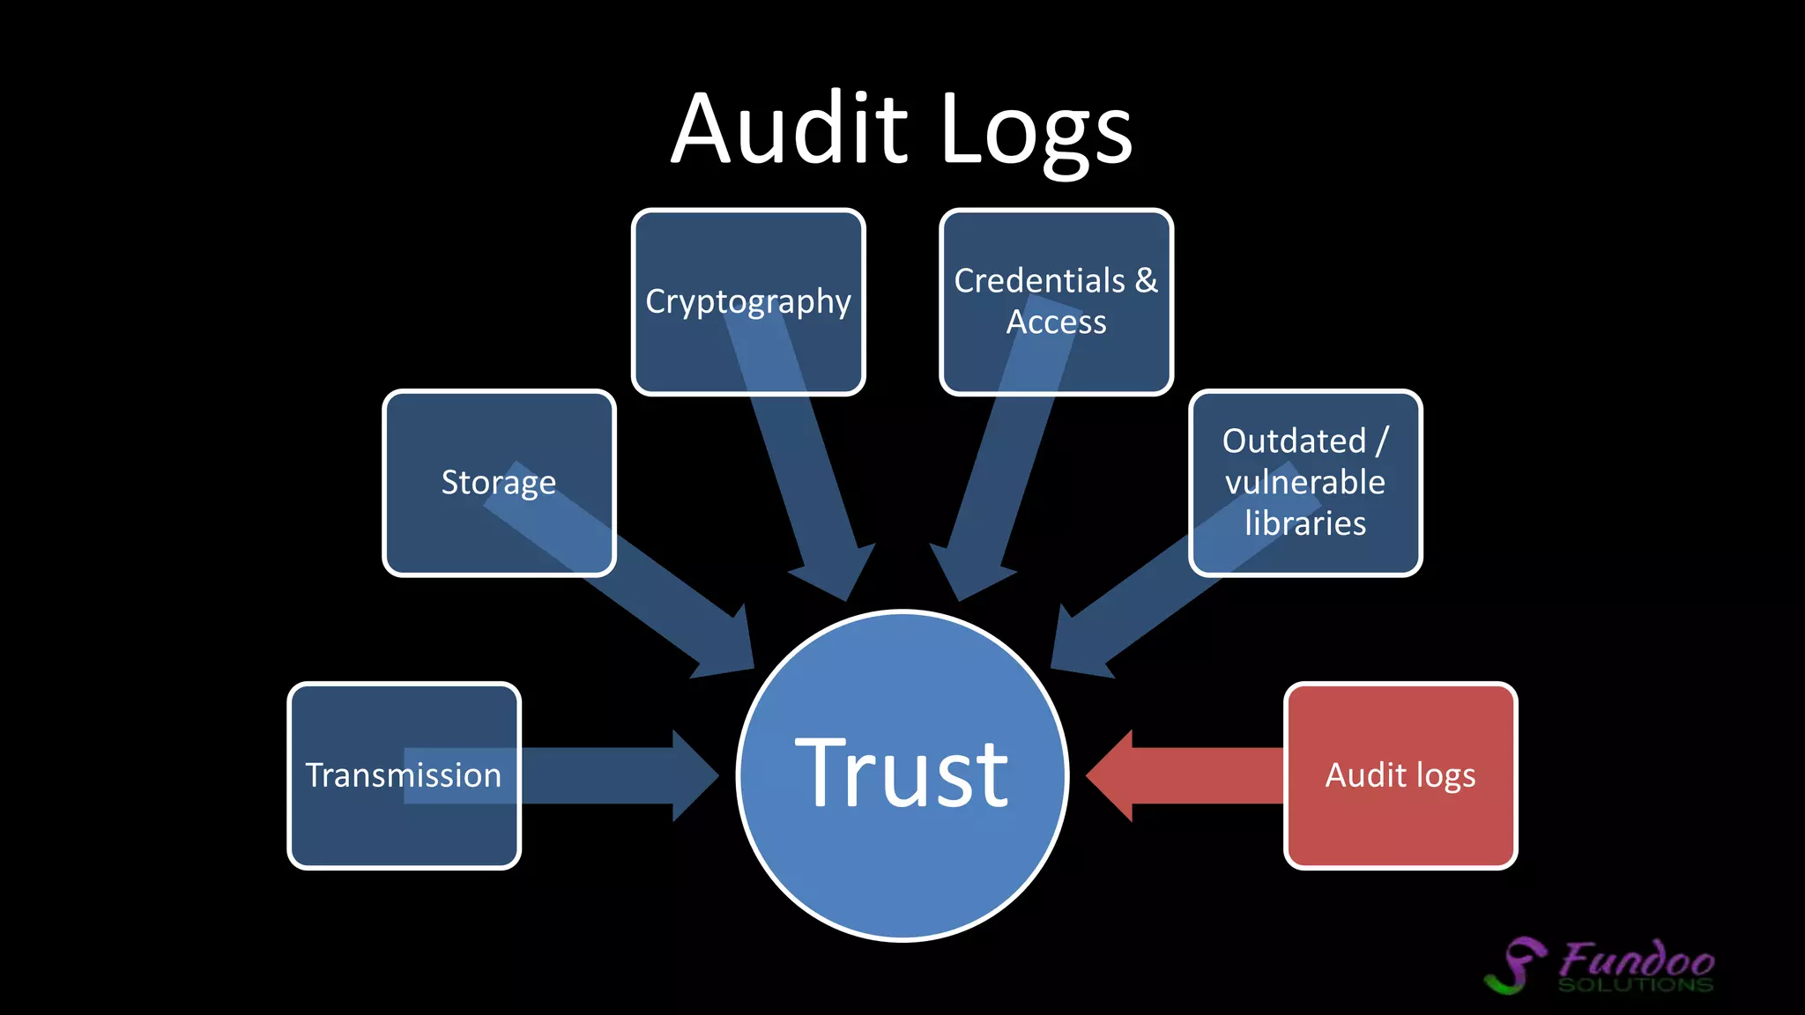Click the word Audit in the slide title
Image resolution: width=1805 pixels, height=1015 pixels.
click(x=789, y=130)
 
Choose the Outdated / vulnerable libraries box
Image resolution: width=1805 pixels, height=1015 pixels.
click(x=1304, y=482)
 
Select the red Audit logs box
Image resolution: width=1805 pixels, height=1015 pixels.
click(x=1400, y=775)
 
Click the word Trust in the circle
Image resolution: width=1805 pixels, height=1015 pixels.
click(x=901, y=774)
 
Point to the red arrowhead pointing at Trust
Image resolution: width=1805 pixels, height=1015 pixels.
click(x=1112, y=775)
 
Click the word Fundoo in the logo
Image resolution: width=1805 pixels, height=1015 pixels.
click(x=1638, y=959)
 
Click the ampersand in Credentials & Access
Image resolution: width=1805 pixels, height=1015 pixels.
click(x=1146, y=281)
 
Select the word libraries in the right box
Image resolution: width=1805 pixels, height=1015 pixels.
click(x=1304, y=523)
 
